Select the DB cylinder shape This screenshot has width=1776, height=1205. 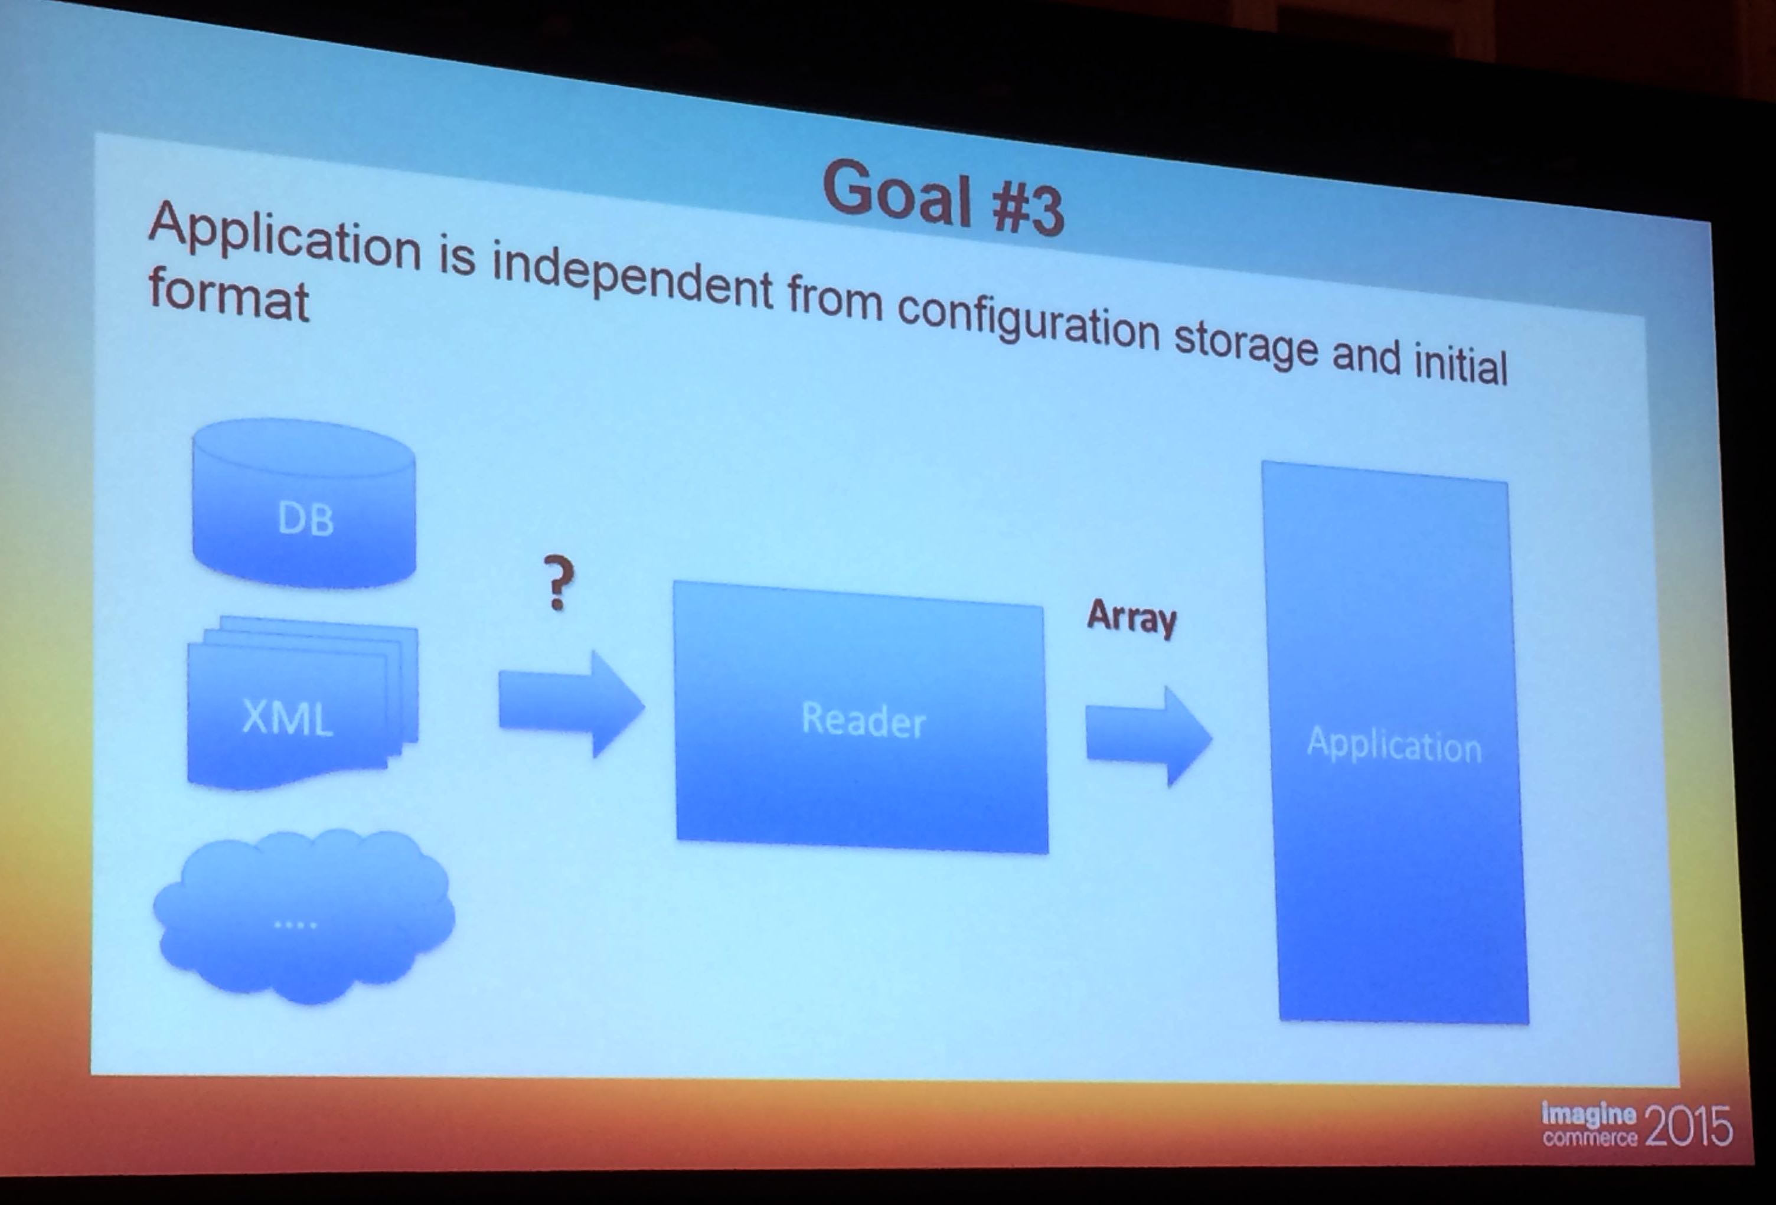304,503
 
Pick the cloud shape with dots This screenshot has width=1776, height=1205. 303,917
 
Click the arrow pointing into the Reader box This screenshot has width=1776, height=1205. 572,704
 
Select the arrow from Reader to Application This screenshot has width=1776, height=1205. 1148,736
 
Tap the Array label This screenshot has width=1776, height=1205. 1132,618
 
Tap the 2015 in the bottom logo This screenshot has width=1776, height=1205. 1688,1125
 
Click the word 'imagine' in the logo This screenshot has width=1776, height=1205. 1589,1115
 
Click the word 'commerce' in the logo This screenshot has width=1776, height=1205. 1589,1138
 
